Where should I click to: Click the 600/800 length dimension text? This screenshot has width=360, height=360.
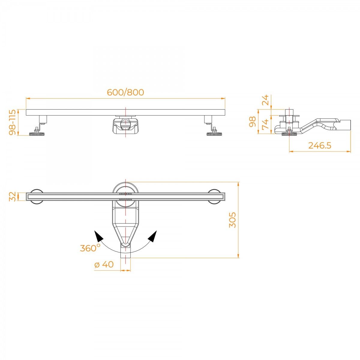point(125,92)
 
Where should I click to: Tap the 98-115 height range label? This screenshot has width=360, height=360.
point(13,122)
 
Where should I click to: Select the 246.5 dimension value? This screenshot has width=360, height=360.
point(319,145)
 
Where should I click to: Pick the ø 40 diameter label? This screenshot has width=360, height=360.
point(104,264)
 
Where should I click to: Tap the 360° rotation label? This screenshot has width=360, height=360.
point(90,248)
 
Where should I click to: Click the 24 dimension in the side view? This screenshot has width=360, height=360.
point(265,100)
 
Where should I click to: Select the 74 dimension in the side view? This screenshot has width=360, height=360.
point(265,124)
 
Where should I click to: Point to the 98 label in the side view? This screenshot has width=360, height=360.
point(253,121)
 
